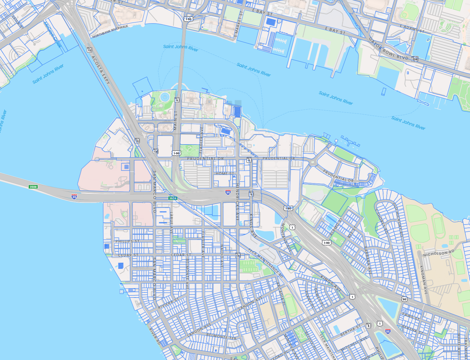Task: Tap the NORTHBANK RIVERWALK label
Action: tap(110, 31)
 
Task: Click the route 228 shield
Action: tap(415, 59)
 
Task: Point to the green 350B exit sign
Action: tap(33, 187)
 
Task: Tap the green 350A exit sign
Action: tap(173, 198)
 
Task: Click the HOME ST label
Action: tap(225, 174)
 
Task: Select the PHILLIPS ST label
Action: tap(127, 241)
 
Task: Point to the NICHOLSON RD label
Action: tap(439, 253)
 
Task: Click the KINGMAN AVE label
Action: tap(424, 280)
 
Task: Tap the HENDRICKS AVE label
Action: tap(238, 202)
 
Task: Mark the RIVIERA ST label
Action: tap(168, 303)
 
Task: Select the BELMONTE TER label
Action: tap(221, 336)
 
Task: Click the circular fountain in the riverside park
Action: tap(165, 97)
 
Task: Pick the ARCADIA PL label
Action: tap(281, 293)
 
